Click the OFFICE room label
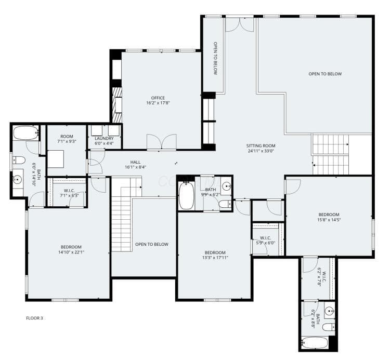(158, 98)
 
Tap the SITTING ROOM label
(261, 145)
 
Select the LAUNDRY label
(104, 138)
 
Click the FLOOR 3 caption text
(34, 318)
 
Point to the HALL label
(135, 162)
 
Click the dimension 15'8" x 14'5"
(329, 220)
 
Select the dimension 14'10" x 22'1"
(71, 252)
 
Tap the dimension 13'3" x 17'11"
(215, 258)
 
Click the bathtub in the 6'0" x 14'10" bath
(26, 133)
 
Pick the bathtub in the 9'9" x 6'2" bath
(186, 196)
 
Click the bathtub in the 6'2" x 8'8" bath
(315, 343)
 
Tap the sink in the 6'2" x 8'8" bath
(330, 311)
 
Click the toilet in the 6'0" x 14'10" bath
(19, 161)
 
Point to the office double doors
(161, 142)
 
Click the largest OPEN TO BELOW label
(325, 74)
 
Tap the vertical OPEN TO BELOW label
(215, 58)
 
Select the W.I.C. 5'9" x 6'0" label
(265, 241)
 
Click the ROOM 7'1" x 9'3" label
(67, 139)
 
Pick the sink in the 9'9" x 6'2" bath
(226, 186)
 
